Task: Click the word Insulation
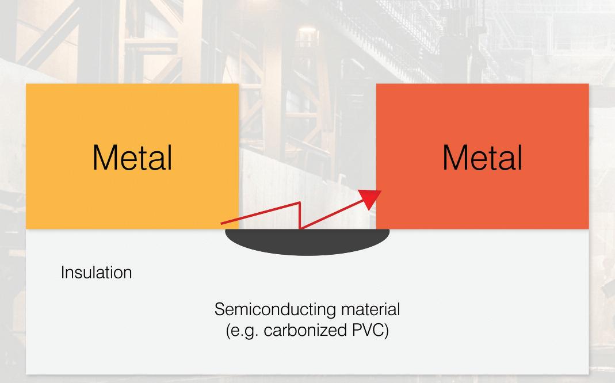96,272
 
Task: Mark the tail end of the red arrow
222,223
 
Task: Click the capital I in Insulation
62,272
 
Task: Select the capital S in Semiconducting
219,309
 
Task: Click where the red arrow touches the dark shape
300,228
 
